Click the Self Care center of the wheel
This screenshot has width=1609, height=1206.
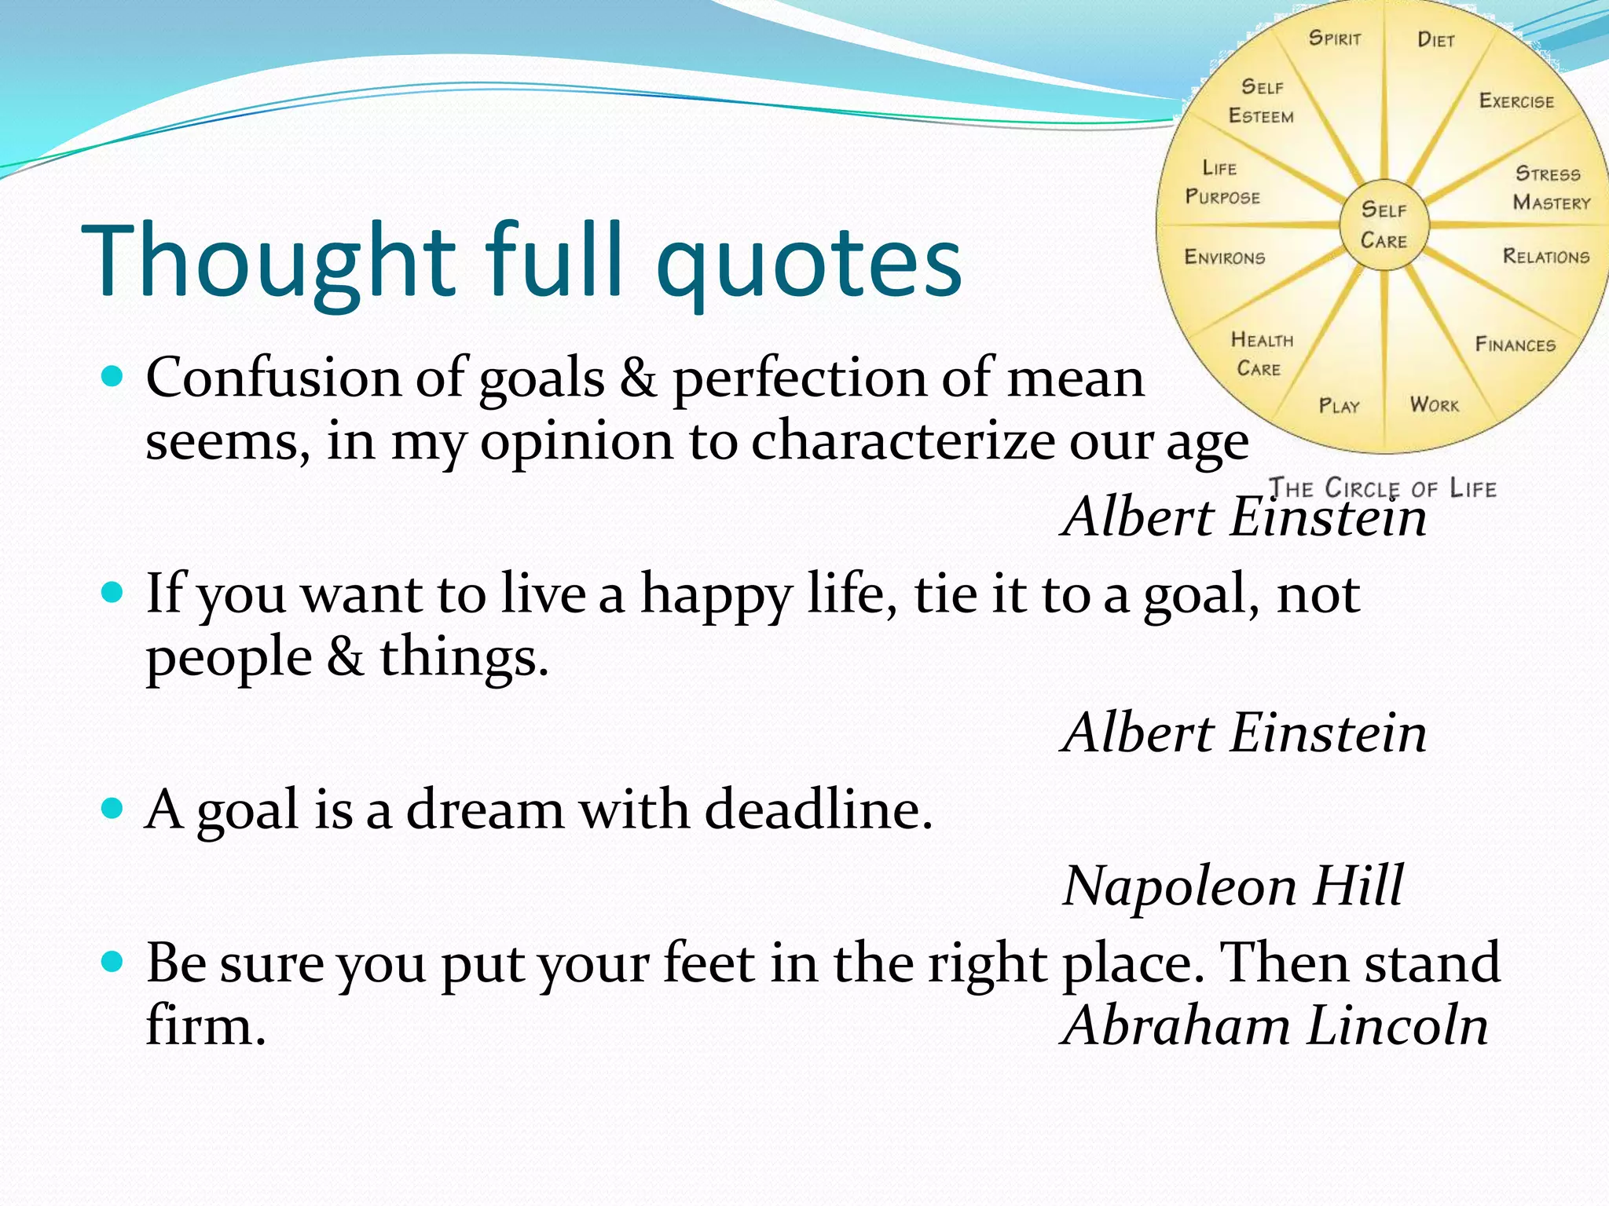(1384, 225)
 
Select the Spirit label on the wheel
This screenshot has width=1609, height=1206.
(1334, 38)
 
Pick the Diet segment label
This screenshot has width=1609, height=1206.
(1436, 40)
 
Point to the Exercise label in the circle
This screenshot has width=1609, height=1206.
(1516, 101)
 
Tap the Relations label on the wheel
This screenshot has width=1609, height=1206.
(1545, 257)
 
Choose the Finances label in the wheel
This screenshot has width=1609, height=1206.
(1515, 345)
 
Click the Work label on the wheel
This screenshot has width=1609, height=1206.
(1434, 405)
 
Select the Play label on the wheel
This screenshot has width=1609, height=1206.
(1339, 406)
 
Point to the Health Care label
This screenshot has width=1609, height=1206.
(1261, 354)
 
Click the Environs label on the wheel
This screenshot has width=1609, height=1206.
(1224, 258)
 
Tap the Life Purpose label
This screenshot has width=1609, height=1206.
(1222, 183)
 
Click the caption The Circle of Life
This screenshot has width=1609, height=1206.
(1383, 488)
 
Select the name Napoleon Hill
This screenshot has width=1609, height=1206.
(1232, 886)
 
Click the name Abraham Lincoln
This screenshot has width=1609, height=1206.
(1274, 1025)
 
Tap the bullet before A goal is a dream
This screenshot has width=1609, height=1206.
(113, 808)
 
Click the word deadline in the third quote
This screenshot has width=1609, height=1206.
(817, 809)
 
